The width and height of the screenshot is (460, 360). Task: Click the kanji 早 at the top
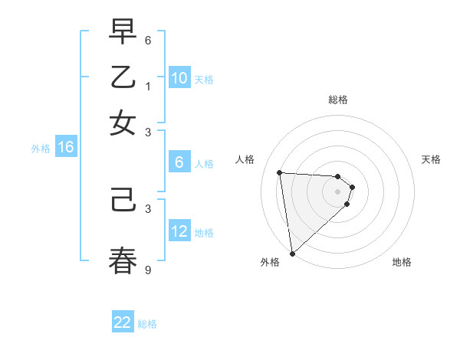tap(123, 33)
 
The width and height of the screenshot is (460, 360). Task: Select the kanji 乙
tap(123, 78)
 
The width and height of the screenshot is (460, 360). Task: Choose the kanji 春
tap(123, 260)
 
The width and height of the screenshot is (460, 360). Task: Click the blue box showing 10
tap(179, 78)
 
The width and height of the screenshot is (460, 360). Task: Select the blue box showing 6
tap(179, 162)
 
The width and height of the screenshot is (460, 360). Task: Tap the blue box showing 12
tap(179, 231)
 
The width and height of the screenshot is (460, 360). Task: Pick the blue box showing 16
tap(65, 148)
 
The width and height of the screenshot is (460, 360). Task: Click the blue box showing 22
tap(123, 323)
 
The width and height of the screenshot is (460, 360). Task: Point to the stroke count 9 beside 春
tap(148, 270)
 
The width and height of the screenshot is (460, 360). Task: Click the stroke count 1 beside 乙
tap(148, 86)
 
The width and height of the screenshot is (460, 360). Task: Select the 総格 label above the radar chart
tap(338, 100)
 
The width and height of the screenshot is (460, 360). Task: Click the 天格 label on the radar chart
tap(431, 159)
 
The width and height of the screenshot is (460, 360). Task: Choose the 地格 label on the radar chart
tap(402, 262)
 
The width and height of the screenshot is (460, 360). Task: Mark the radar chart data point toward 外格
tap(292, 253)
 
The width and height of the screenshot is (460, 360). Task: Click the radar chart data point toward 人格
tap(280, 172)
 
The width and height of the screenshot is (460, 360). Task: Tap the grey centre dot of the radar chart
tap(338, 191)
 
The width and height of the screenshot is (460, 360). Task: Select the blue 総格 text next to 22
tap(147, 324)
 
